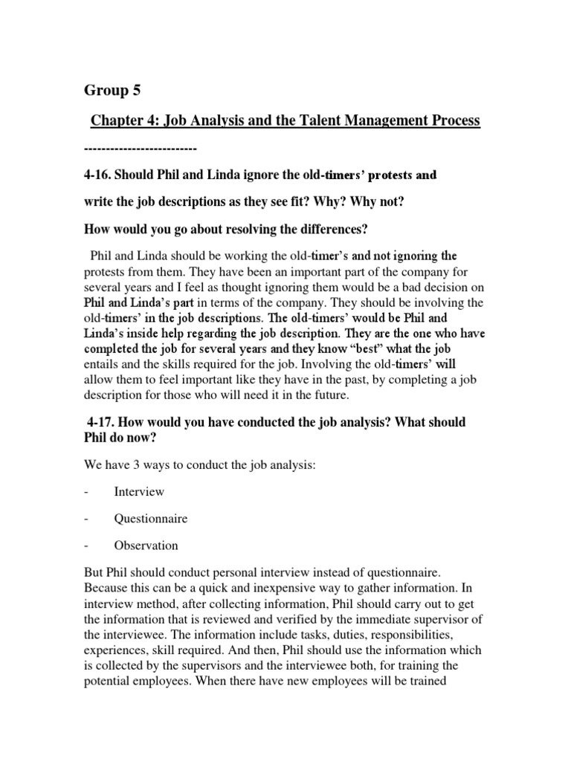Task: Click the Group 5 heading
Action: tap(112, 91)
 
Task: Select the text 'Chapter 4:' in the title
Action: tap(120, 120)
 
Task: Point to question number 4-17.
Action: tap(102, 422)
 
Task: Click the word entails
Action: tap(103, 363)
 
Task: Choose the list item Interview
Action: tap(139, 492)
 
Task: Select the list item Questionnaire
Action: tap(150, 519)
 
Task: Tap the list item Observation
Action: tap(146, 545)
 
